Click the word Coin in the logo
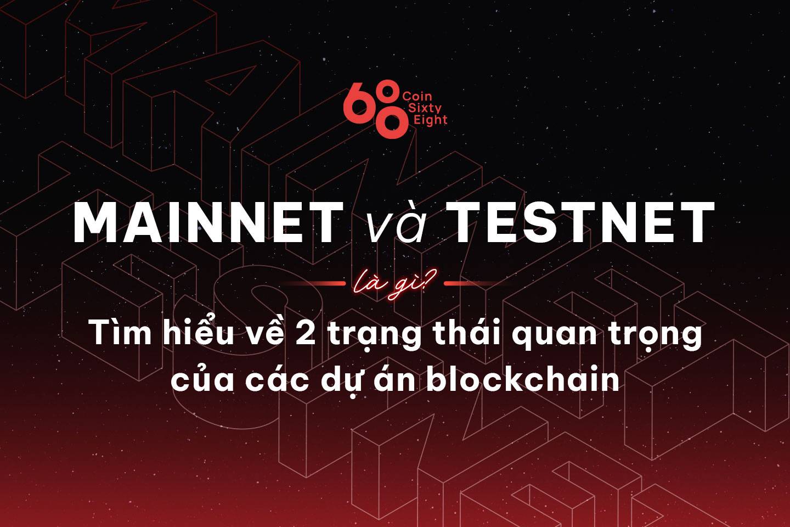417,96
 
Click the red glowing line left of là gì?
314,283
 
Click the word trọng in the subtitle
656,336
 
